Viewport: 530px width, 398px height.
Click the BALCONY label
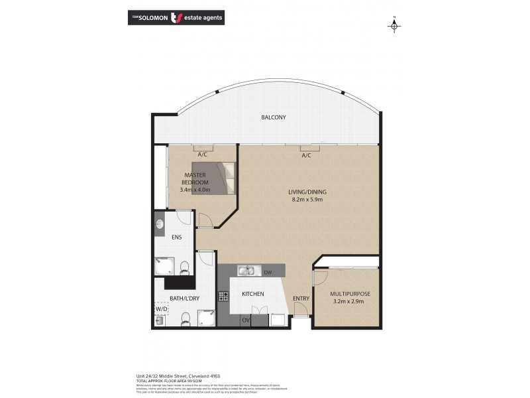click(273, 117)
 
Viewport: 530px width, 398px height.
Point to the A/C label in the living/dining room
click(306, 156)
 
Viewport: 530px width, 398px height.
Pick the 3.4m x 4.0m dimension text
click(195, 190)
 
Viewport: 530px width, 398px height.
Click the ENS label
click(177, 237)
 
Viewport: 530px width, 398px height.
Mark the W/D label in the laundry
click(161, 309)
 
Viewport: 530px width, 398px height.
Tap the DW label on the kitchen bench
click(268, 272)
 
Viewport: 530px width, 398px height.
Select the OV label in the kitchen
click(245, 320)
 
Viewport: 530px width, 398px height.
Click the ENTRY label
click(301, 298)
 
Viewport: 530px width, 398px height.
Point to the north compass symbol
click(394, 25)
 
